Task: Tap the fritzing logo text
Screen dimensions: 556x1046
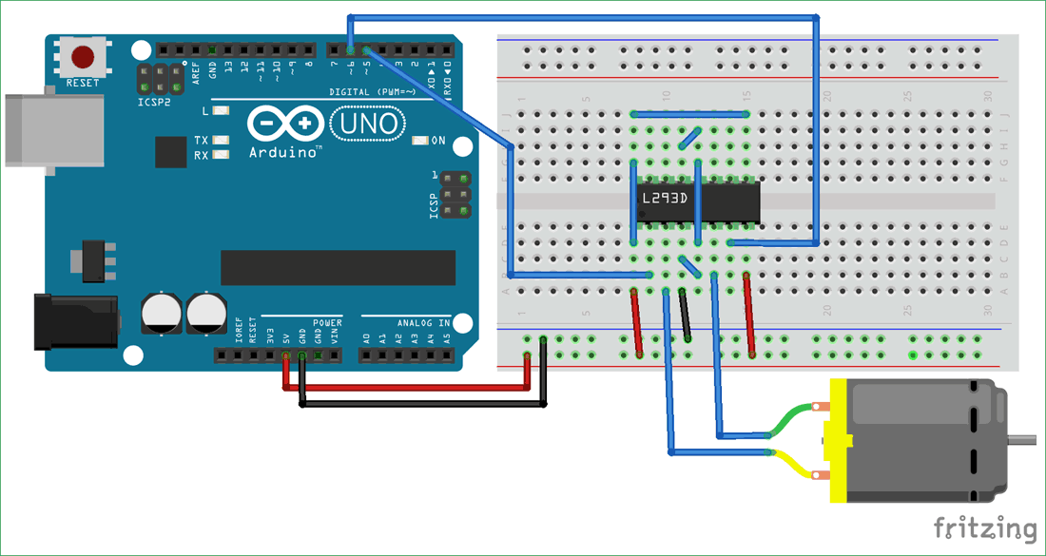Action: click(984, 529)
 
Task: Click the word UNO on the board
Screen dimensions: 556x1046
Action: click(367, 124)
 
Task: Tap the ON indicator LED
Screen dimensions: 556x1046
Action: click(421, 141)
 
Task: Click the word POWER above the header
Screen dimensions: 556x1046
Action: click(326, 323)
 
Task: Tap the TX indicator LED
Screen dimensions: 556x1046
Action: click(222, 140)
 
